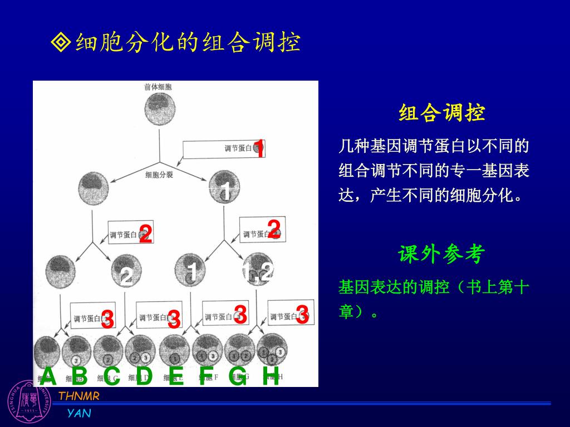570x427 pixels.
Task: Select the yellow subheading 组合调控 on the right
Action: click(x=441, y=113)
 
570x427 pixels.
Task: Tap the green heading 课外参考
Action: click(x=441, y=255)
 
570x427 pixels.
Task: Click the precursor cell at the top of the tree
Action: click(x=160, y=108)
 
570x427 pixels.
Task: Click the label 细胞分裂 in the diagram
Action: click(x=159, y=175)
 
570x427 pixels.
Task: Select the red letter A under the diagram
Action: click(x=49, y=376)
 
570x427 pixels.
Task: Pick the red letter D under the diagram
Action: click(x=144, y=376)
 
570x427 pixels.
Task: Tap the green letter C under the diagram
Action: click(x=112, y=377)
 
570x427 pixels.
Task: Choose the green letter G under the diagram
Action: click(x=238, y=377)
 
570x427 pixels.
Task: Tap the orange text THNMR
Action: click(x=79, y=396)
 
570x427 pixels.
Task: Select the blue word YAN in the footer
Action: click(x=79, y=413)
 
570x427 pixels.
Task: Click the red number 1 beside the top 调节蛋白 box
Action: click(x=258, y=148)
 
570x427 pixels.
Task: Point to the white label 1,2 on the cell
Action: click(x=258, y=272)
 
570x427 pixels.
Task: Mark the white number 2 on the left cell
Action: click(x=126, y=276)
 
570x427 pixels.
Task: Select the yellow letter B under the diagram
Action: click(x=80, y=377)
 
